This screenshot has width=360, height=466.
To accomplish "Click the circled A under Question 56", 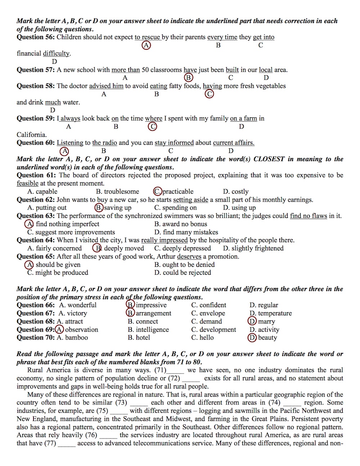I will (146, 45).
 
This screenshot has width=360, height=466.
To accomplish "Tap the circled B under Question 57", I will (188, 78).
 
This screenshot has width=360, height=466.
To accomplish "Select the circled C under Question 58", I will (209, 94).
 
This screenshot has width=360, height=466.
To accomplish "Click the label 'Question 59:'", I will (36, 118).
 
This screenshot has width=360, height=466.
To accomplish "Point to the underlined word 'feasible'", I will (27, 183).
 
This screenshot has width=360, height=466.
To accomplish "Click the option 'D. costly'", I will (236, 192).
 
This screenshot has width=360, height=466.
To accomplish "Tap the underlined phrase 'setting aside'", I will (190, 200).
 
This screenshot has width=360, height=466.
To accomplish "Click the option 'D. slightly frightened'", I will (253, 248).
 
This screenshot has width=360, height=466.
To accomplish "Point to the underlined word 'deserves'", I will (189, 257).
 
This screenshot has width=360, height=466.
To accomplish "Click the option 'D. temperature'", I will (270, 313).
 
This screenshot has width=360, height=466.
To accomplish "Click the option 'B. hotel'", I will (141, 338).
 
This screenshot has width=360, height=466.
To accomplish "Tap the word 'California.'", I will (32, 135).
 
